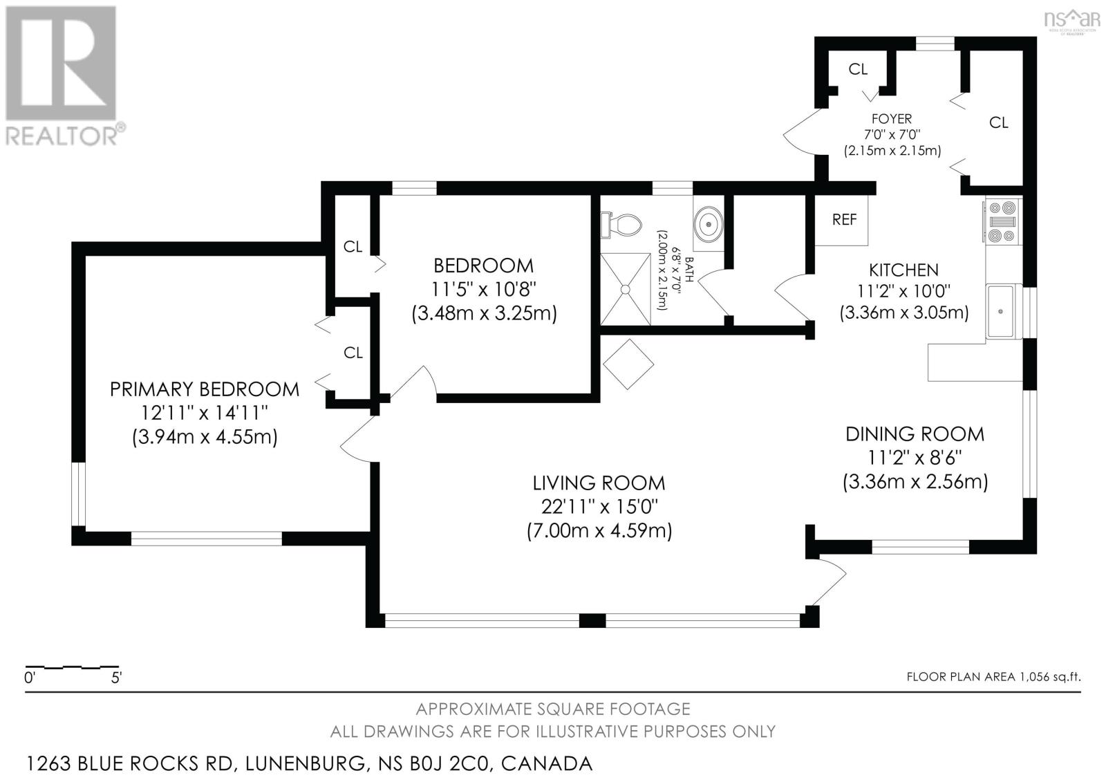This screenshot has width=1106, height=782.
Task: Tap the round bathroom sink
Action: click(709, 224)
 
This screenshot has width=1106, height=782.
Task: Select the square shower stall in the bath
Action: click(626, 290)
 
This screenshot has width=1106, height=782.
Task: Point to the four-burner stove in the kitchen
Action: click(1003, 221)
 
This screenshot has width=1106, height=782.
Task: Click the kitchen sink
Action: click(1003, 311)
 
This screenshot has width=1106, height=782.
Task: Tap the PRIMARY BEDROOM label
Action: click(205, 389)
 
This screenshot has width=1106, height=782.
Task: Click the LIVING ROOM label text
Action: click(599, 483)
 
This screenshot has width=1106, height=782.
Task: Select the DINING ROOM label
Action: click(915, 434)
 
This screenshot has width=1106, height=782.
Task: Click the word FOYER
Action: click(892, 118)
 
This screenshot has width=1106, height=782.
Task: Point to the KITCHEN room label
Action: click(903, 270)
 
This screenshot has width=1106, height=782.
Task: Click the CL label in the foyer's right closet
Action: click(998, 122)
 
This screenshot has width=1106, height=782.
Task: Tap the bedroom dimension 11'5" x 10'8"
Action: click(483, 290)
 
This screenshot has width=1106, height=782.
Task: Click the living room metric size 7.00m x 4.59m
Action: click(599, 531)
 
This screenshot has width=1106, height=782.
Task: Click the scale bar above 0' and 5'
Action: click(72, 667)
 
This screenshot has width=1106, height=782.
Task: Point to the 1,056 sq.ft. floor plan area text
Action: click(993, 677)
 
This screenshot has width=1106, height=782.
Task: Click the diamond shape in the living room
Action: click(628, 364)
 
